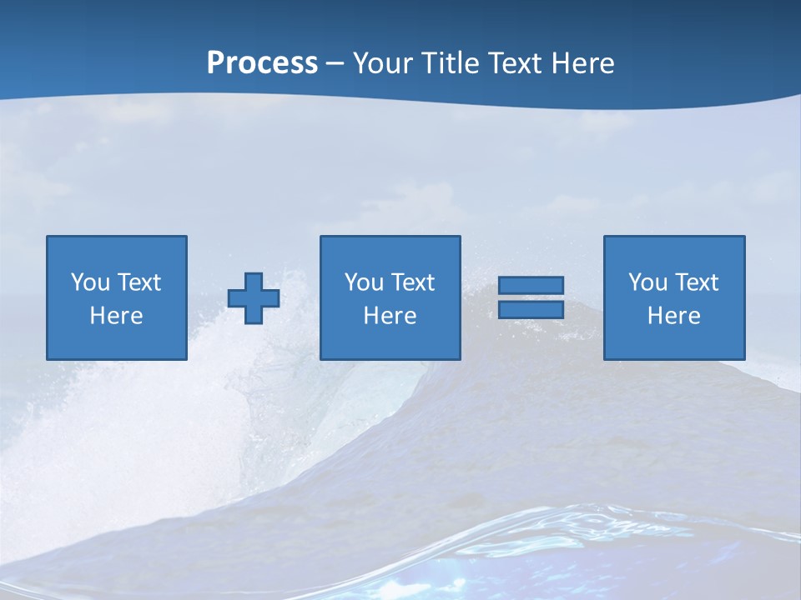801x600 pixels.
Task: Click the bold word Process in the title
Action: (x=262, y=63)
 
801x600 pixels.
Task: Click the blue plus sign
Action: (x=254, y=298)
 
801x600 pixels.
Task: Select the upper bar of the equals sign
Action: (x=531, y=286)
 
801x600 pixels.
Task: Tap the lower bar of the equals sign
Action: (x=531, y=310)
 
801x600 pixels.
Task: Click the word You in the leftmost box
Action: (x=90, y=282)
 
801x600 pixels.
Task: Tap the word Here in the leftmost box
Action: (x=116, y=316)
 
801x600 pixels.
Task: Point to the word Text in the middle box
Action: (x=412, y=282)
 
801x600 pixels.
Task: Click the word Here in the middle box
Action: (x=390, y=316)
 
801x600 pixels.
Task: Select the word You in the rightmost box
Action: (x=647, y=282)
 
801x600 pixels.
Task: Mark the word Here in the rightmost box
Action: (x=673, y=316)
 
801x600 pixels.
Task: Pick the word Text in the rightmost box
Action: (x=696, y=282)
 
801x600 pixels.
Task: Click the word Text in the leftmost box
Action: (x=139, y=282)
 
